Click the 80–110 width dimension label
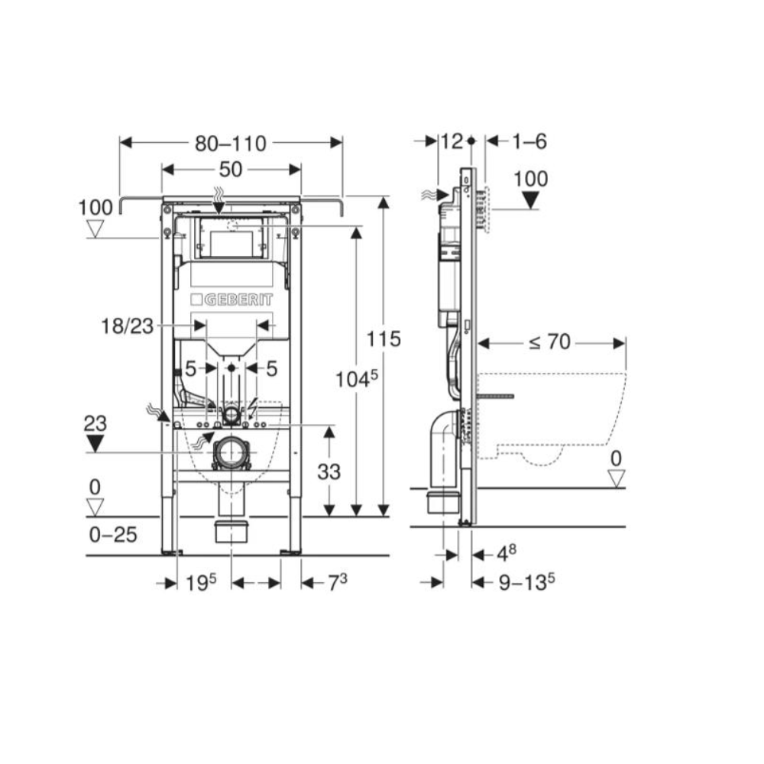point(231,144)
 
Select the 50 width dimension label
point(231,170)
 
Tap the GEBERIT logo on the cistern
point(231,299)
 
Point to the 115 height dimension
point(384,338)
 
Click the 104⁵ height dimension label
point(356,379)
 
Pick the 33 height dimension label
point(329,471)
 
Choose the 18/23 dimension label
point(127,326)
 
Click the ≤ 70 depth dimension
point(550,342)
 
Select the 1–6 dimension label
point(529,141)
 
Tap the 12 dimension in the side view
point(452,141)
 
